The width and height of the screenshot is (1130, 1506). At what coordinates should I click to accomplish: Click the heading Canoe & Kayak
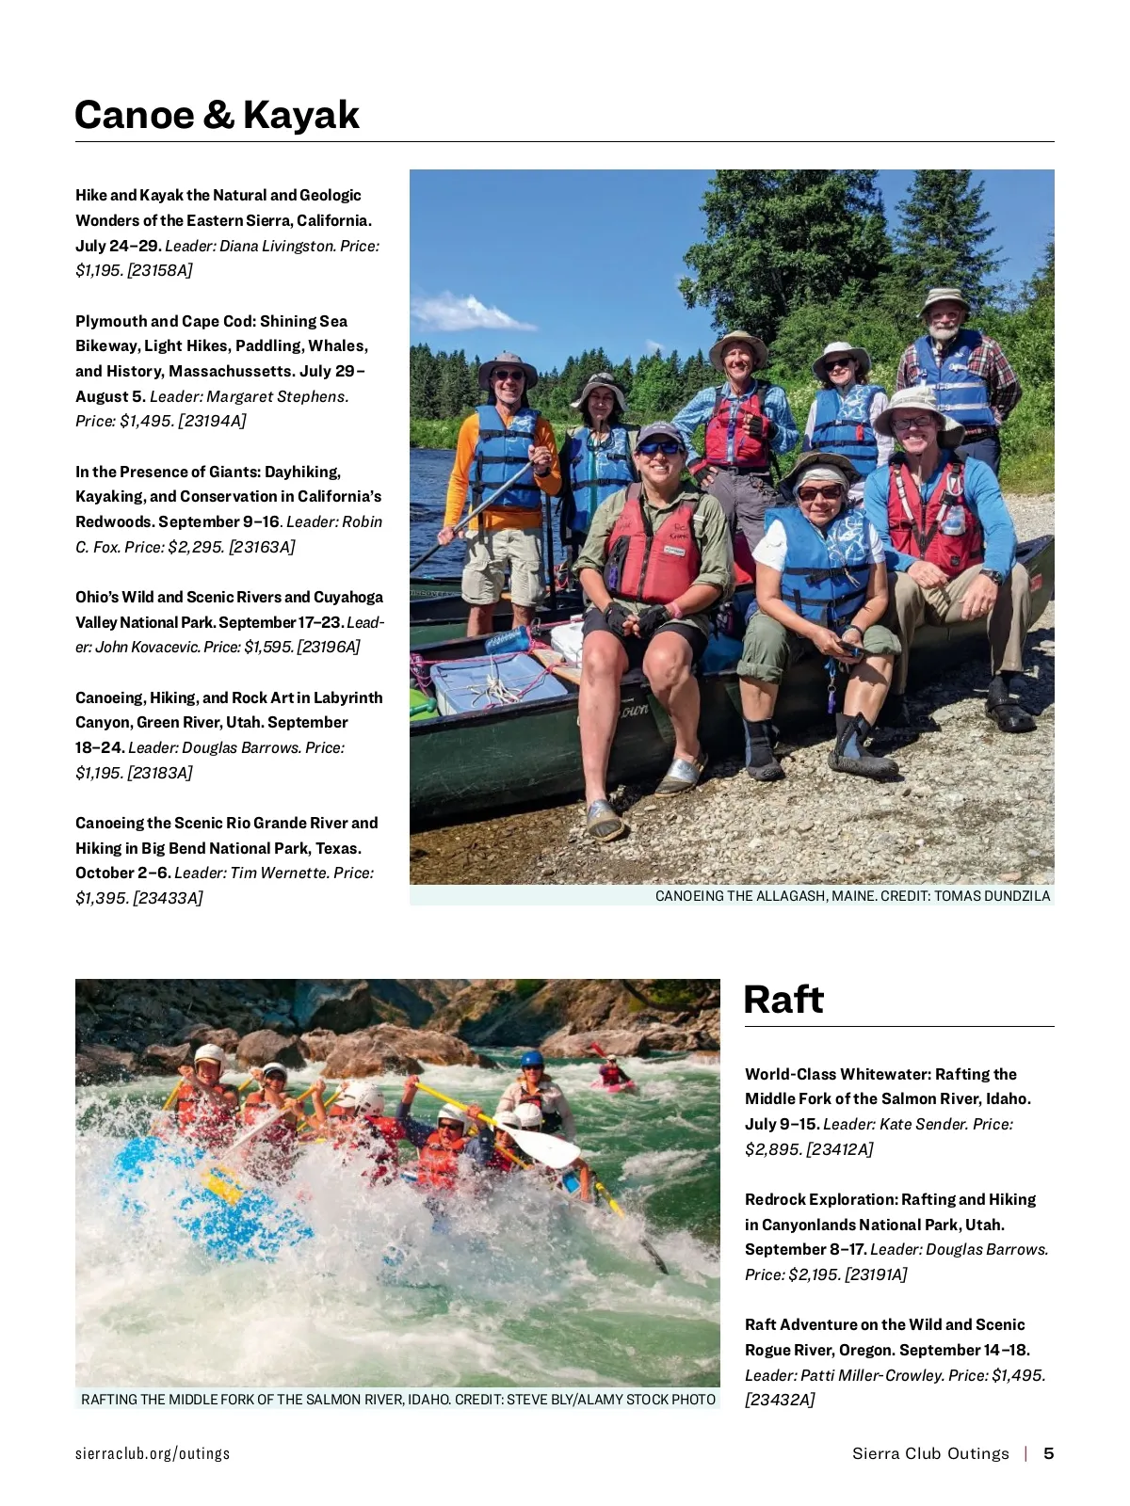[217, 115]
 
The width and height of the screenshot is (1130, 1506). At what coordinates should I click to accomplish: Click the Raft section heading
[783, 1000]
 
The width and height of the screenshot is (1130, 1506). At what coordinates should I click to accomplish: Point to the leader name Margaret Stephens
[277, 396]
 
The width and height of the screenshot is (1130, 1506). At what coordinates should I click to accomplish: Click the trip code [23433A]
[168, 898]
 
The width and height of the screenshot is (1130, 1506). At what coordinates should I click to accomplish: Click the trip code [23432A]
[780, 1400]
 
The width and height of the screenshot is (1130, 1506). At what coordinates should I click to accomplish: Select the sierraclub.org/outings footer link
[153, 1453]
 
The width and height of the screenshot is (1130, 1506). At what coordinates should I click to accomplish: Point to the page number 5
[1048, 1453]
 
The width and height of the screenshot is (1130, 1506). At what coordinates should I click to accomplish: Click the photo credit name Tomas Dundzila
[992, 896]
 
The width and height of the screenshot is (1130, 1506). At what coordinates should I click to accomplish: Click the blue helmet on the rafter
[532, 1059]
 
